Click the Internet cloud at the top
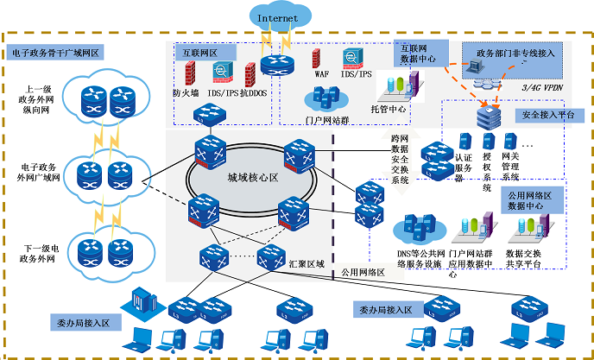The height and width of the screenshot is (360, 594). tap(277, 16)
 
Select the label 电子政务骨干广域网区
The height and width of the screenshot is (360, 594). tap(57, 52)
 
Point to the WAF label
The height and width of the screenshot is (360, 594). tap(321, 75)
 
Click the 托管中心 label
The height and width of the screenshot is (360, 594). tap(389, 111)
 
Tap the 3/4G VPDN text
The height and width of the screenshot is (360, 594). tap(545, 89)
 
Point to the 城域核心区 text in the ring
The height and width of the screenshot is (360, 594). tap(250, 179)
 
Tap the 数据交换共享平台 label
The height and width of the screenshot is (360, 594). tap(524, 258)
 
